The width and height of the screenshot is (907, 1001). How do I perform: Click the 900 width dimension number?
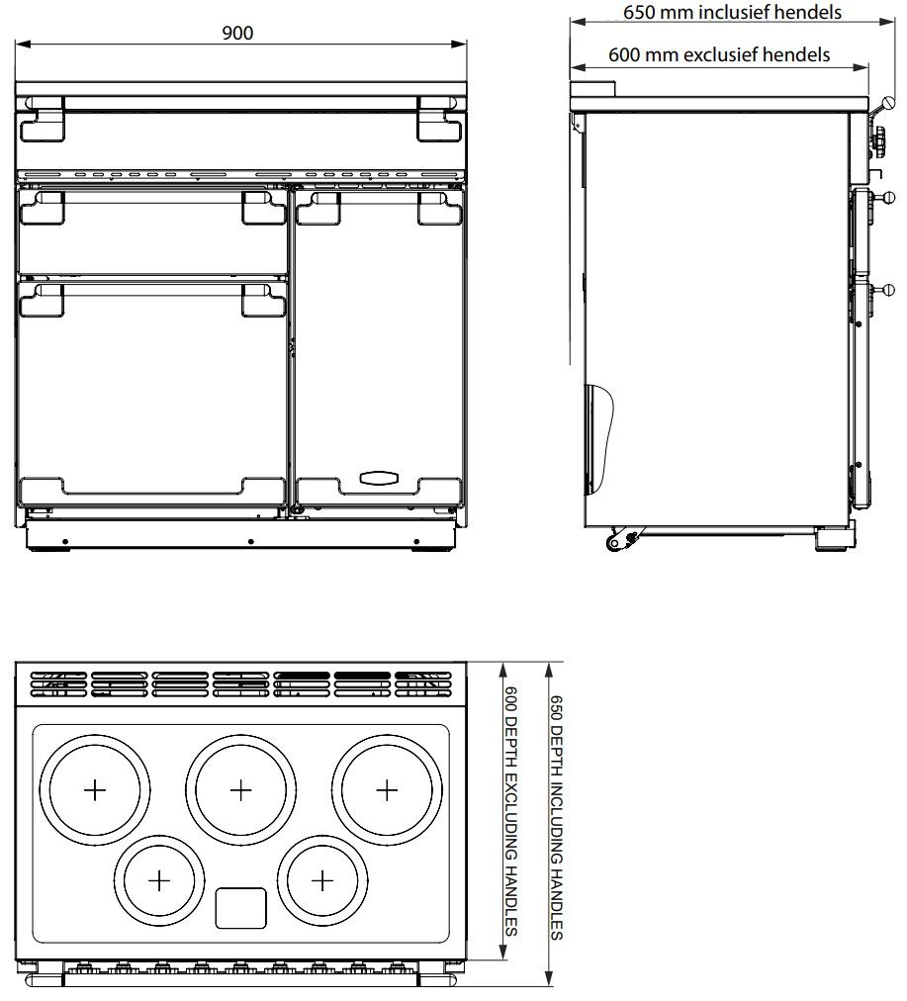point(237,33)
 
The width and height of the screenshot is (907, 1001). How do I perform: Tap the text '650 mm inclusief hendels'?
point(732,13)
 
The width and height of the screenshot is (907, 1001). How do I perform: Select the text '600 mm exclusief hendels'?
point(718,55)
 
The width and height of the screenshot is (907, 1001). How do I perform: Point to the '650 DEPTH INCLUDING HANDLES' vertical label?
point(556,816)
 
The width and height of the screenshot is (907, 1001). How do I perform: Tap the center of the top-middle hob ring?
point(240,789)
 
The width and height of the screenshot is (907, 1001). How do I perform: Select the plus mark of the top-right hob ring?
point(386,789)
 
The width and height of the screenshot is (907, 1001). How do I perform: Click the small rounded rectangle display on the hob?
point(240,908)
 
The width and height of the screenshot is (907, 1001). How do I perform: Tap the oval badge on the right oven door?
point(378,479)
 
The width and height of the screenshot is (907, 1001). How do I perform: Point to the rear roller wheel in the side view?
point(616,541)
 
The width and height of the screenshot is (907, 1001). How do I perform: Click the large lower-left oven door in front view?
point(153,396)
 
